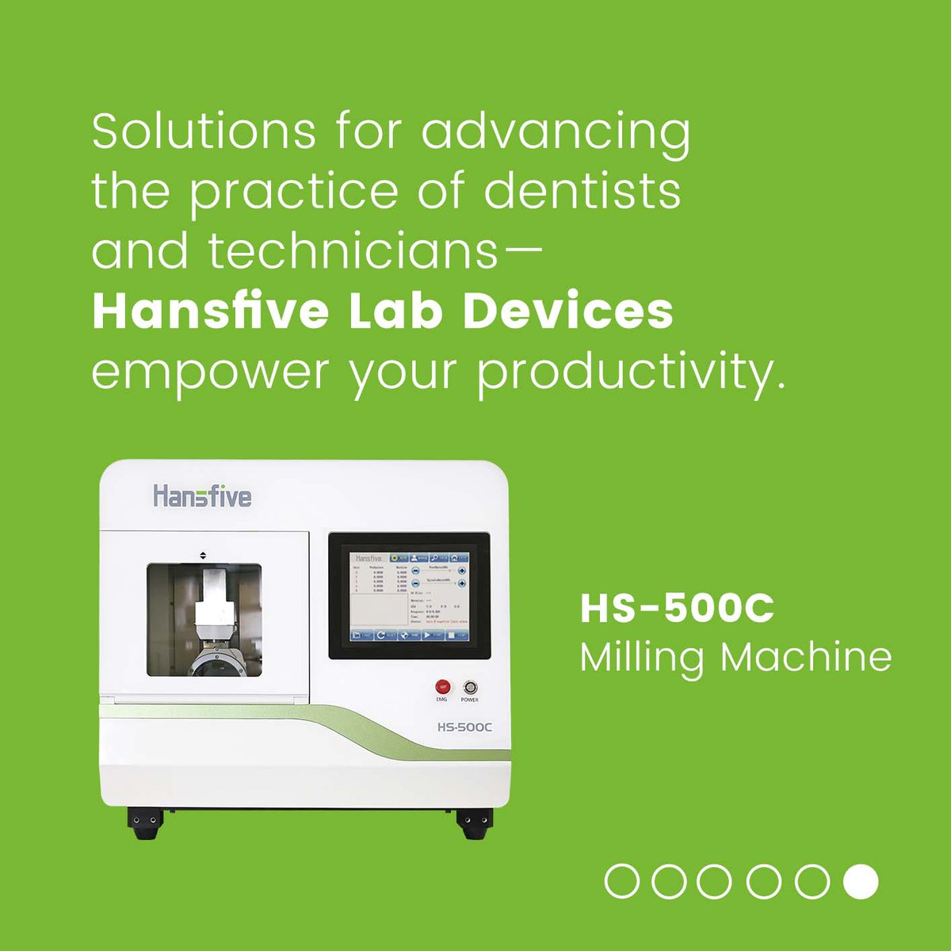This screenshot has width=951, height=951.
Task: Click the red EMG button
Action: (442, 686)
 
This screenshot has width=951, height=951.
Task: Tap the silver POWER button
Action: (470, 686)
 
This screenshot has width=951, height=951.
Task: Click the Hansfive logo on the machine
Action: (202, 497)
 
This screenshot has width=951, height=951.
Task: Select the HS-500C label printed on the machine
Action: (464, 727)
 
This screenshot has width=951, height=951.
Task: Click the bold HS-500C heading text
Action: (677, 609)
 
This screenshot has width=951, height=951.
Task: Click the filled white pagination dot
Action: (860, 881)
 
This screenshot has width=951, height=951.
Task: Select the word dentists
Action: (582, 192)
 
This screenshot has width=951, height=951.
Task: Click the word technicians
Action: (353, 251)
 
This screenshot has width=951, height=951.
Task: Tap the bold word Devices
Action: (567, 311)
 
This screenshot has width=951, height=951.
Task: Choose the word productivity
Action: (630, 372)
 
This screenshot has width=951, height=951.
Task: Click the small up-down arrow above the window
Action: (204, 556)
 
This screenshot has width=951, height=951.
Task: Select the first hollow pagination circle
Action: (621, 881)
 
